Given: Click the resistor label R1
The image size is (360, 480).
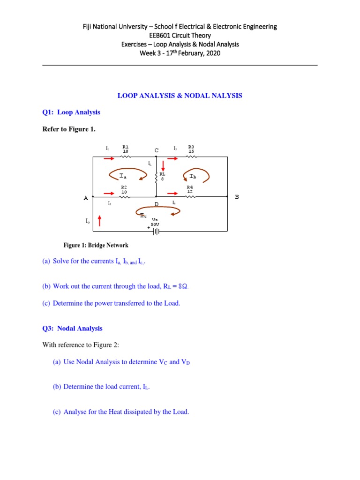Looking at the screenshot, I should pyautogui.click(x=125, y=147).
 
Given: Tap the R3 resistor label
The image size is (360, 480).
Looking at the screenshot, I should pyautogui.click(x=191, y=147).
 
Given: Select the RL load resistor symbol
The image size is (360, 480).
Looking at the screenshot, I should pyautogui.click(x=156, y=176).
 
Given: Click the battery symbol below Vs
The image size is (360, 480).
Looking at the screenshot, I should pyautogui.click(x=155, y=230).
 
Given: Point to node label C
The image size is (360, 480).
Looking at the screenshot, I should pyautogui.click(x=157, y=150).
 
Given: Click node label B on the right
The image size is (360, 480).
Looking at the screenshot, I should pyautogui.click(x=237, y=197).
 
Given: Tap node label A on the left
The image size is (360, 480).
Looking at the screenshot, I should pyautogui.click(x=86, y=198).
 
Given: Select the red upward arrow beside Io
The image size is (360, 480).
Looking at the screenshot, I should pyautogui.click(x=99, y=220).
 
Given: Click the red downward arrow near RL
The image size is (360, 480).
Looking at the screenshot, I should pyautogui.click(x=163, y=165).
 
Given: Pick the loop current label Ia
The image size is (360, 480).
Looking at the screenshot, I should pyautogui.click(x=123, y=176).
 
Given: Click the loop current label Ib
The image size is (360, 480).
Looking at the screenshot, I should pyautogui.click(x=193, y=177).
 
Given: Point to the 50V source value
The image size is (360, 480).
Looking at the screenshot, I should pyautogui.click(x=155, y=225).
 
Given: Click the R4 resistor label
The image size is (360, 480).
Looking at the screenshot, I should pyautogui.click(x=190, y=187).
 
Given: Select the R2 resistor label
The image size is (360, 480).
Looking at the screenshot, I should pyautogui.click(x=124, y=187).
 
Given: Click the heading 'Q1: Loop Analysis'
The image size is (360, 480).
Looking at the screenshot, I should pyautogui.click(x=71, y=112).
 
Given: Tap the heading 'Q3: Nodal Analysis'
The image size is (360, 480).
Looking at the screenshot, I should pyautogui.click(x=72, y=329).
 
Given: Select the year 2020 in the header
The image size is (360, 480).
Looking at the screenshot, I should pyautogui.click(x=211, y=53).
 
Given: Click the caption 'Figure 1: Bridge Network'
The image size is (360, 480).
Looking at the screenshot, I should pyautogui.click(x=96, y=245).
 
